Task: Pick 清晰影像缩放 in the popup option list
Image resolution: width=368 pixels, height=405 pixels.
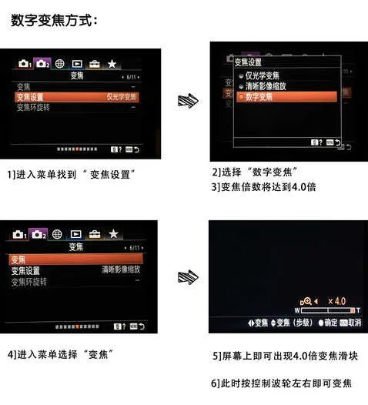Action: coord(268,86)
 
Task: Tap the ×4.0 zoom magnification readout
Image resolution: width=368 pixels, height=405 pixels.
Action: coord(336,300)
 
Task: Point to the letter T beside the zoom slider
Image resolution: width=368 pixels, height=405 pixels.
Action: coord(358,310)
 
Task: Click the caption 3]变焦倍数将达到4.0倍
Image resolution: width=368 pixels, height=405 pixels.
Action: coord(263,186)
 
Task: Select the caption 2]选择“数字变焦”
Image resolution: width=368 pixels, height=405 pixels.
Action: coord(255,171)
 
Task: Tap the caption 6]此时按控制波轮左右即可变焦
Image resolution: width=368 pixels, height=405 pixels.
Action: coord(280,383)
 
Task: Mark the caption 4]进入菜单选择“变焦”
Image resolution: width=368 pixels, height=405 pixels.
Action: coord(61,354)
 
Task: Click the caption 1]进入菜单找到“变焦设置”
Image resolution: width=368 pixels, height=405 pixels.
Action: coord(72,174)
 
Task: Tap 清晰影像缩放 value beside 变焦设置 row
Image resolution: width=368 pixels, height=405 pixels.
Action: coord(122,270)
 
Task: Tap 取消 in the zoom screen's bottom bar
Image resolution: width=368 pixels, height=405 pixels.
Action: coord(353,323)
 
